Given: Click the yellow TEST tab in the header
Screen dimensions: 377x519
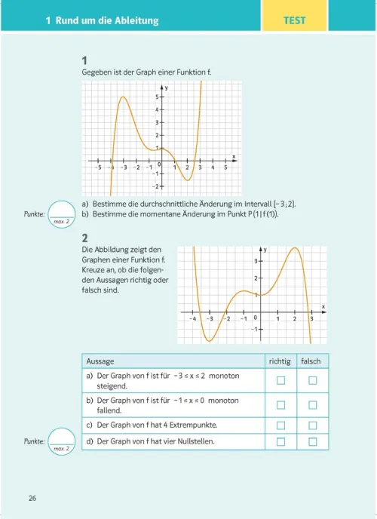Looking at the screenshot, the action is [x=295, y=20].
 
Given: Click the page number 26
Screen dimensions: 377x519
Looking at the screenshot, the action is [x=32, y=498].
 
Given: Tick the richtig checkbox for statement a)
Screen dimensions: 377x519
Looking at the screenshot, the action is [x=281, y=380].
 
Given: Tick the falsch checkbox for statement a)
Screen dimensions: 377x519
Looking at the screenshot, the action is [x=311, y=380].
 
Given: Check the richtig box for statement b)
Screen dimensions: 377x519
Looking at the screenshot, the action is [x=281, y=405].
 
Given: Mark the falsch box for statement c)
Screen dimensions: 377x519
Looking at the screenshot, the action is [x=311, y=425].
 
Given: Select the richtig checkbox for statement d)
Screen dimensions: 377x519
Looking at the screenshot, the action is [x=281, y=441].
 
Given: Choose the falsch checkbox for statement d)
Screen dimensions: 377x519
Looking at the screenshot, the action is [x=311, y=441].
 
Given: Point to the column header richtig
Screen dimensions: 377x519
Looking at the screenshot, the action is [x=280, y=361].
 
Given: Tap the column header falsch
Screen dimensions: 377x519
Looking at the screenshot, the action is [x=311, y=361].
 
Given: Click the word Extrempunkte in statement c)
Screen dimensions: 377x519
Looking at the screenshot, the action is [x=196, y=425].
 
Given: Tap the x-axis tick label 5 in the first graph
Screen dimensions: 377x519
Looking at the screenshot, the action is [x=225, y=167].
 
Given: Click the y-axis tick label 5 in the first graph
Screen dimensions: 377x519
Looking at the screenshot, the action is [x=157, y=97].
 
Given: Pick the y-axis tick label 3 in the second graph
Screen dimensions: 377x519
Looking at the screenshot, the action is [x=255, y=261].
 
